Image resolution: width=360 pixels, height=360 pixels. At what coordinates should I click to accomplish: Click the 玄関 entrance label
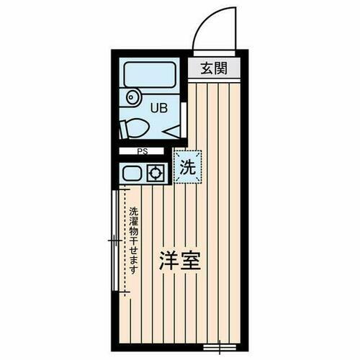[214, 69]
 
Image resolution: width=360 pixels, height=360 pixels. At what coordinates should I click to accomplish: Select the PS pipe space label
[144, 152]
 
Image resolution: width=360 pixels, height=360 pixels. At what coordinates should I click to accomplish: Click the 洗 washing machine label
[187, 169]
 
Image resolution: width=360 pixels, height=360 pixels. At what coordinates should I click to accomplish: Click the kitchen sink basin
[132, 173]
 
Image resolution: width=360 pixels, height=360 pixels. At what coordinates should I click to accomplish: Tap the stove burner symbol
[154, 173]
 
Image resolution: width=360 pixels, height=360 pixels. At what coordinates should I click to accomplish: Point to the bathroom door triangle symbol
[174, 131]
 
